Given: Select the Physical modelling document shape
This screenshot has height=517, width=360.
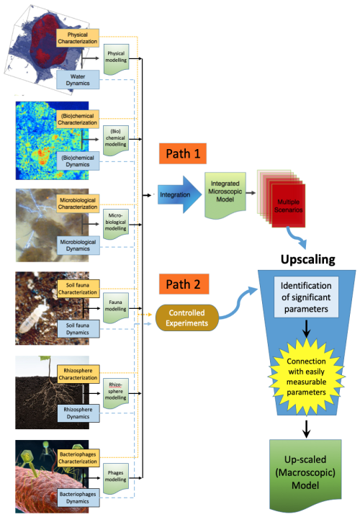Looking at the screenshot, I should (x=115, y=56).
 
